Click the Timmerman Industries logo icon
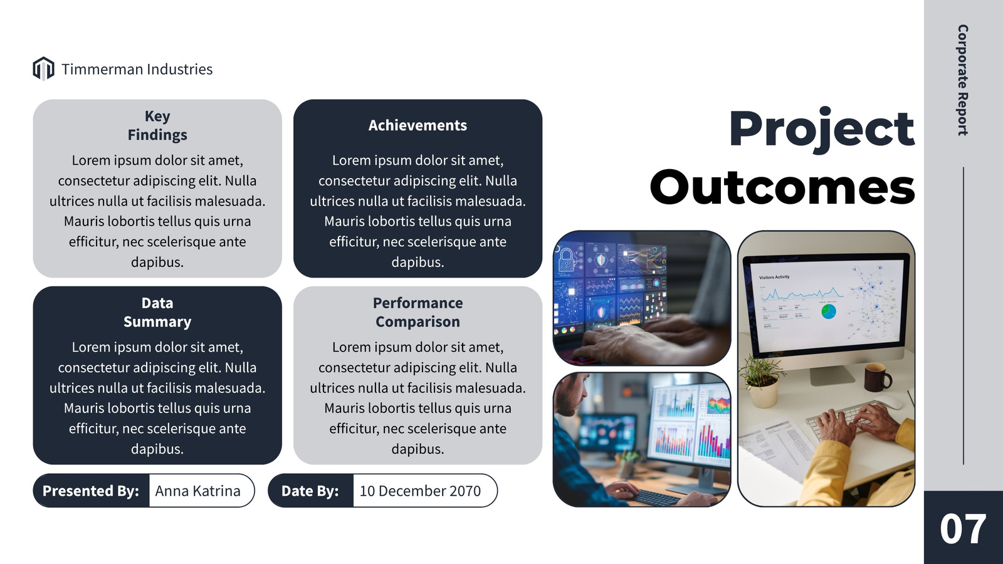click(43, 68)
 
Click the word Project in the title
click(822, 130)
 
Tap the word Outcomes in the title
click(782, 187)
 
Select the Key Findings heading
click(157, 125)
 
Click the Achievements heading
click(417, 125)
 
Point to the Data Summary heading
click(157, 313)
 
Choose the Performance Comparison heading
click(417, 313)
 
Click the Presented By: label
click(91, 491)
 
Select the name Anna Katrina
click(197, 491)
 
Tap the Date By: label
click(310, 491)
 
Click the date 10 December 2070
click(420, 491)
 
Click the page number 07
click(963, 529)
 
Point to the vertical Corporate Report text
click(963, 80)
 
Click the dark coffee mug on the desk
click(877, 377)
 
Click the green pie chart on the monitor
click(828, 311)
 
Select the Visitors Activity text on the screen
click(774, 277)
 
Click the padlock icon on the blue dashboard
click(566, 259)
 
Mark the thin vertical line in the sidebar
click(963, 316)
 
